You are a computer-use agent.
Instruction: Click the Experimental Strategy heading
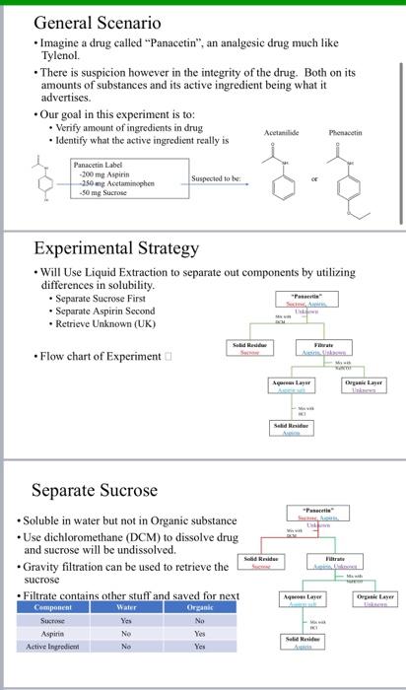tap(117, 248)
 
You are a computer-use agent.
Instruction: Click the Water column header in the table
tap(125, 608)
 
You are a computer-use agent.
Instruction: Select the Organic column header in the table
tap(199, 608)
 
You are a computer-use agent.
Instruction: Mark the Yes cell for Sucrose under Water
tap(125, 622)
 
